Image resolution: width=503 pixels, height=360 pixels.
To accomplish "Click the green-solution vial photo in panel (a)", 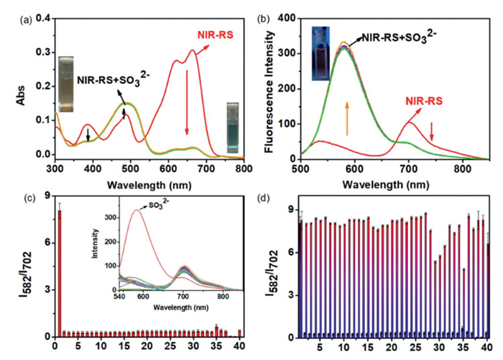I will [231, 123].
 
